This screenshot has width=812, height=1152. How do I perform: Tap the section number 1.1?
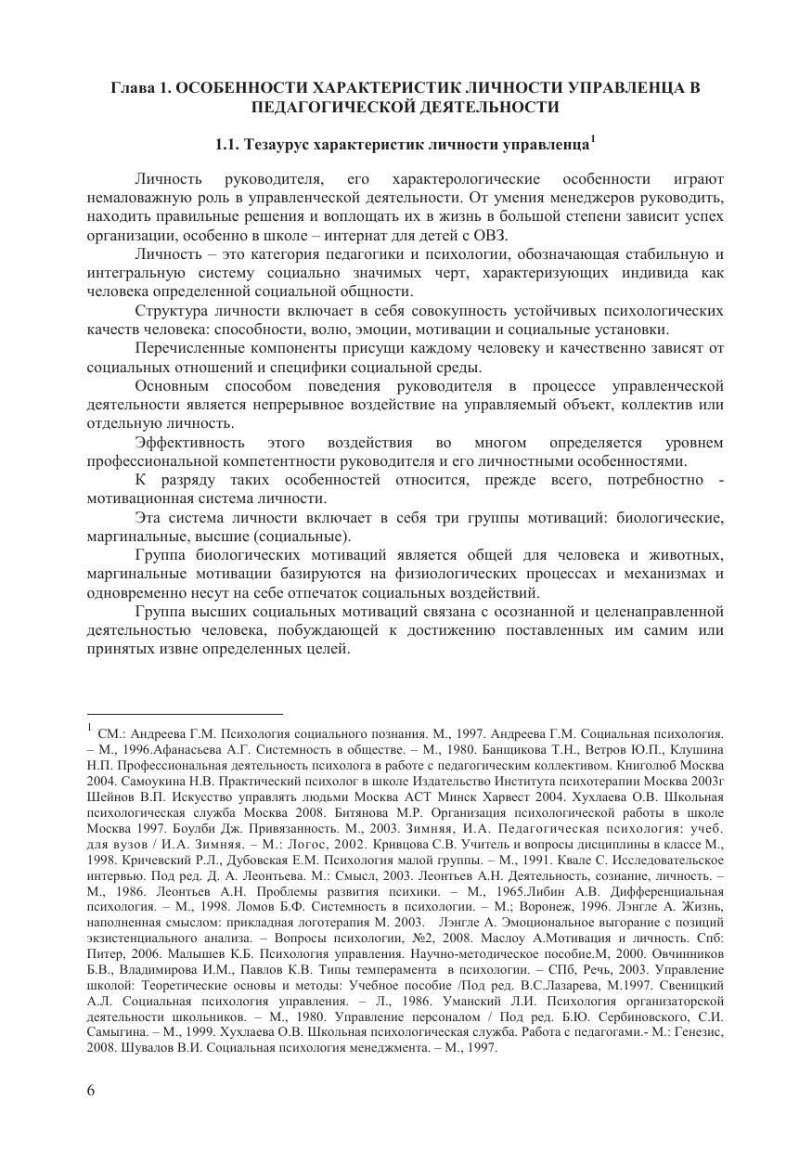click(227, 146)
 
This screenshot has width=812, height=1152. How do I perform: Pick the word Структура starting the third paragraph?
click(172, 310)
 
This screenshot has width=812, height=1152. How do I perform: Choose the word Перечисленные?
click(190, 348)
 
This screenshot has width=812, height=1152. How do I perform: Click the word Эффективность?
click(190, 443)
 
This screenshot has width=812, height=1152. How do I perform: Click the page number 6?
click(90, 1091)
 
